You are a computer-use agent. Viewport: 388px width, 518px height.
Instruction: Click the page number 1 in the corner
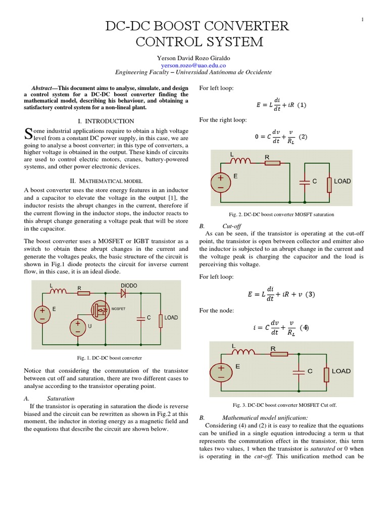363,20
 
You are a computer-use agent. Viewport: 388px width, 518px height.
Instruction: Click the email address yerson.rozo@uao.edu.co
193,65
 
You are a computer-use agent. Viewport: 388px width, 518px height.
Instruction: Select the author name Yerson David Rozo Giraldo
193,58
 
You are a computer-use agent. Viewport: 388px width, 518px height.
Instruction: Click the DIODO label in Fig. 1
129,286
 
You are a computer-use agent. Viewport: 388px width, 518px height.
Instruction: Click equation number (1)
302,105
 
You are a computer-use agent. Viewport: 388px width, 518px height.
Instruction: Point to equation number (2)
303,137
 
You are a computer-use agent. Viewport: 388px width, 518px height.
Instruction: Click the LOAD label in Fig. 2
342,181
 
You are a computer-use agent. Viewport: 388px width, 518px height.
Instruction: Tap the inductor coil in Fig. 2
241,162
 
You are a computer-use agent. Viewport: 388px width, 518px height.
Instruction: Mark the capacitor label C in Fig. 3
310,371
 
